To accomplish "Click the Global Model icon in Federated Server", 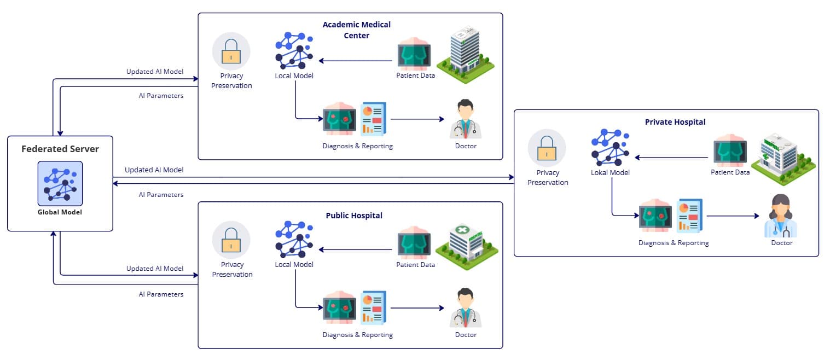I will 60,183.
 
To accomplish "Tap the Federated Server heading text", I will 60,149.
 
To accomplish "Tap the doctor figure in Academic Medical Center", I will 465,119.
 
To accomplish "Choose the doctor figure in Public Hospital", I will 465,307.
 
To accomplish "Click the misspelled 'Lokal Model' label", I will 610,172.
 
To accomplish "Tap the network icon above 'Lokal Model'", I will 610,147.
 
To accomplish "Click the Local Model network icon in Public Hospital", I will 294,239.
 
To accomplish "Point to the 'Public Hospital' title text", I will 354,216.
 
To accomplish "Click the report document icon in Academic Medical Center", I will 373,119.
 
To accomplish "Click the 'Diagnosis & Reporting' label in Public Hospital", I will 357,335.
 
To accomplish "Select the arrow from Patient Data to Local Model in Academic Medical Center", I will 358,61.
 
